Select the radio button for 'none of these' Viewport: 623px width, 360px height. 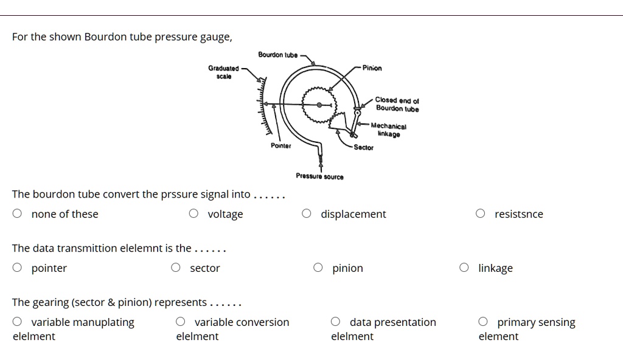pyautogui.click(x=18, y=213)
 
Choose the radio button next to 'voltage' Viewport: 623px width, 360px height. pyautogui.click(x=193, y=213)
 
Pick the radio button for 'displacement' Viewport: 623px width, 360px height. pyautogui.click(x=307, y=213)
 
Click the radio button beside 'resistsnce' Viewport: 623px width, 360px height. pyautogui.click(x=481, y=213)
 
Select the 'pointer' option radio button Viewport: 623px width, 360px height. pyautogui.click(x=18, y=268)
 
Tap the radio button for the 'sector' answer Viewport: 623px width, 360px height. pyautogui.click(x=176, y=268)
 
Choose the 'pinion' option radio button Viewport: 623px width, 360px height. pyautogui.click(x=318, y=268)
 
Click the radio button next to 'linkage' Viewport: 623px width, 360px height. pyautogui.click(x=465, y=268)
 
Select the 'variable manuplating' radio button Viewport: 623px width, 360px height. pyautogui.click(x=18, y=322)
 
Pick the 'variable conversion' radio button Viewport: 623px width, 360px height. pyautogui.click(x=181, y=322)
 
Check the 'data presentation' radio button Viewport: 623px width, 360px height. pyautogui.click(x=336, y=322)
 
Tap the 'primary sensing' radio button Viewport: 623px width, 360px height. pyautogui.click(x=483, y=322)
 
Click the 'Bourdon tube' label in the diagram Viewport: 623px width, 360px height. pyautogui.click(x=277, y=55)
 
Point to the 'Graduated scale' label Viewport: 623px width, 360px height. pyautogui.click(x=223, y=72)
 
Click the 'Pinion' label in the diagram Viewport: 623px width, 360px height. pyautogui.click(x=372, y=68)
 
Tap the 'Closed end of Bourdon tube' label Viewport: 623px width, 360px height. pyautogui.click(x=397, y=104)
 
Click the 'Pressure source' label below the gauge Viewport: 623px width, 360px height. pyautogui.click(x=319, y=176)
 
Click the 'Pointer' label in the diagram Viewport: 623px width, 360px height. pyautogui.click(x=280, y=146)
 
